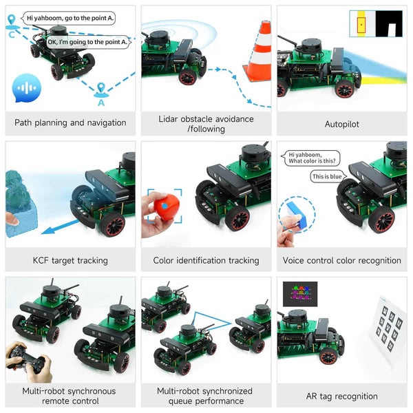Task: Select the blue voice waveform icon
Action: pos(27,88)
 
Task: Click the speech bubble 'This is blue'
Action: pos(327,176)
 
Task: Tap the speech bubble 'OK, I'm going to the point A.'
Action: pos(87,42)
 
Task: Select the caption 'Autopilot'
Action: pos(341,125)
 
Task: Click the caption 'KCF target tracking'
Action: pos(70,261)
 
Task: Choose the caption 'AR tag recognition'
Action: pos(341,396)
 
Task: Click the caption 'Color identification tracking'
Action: pos(206,261)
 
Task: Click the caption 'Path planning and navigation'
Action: pos(70,123)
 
